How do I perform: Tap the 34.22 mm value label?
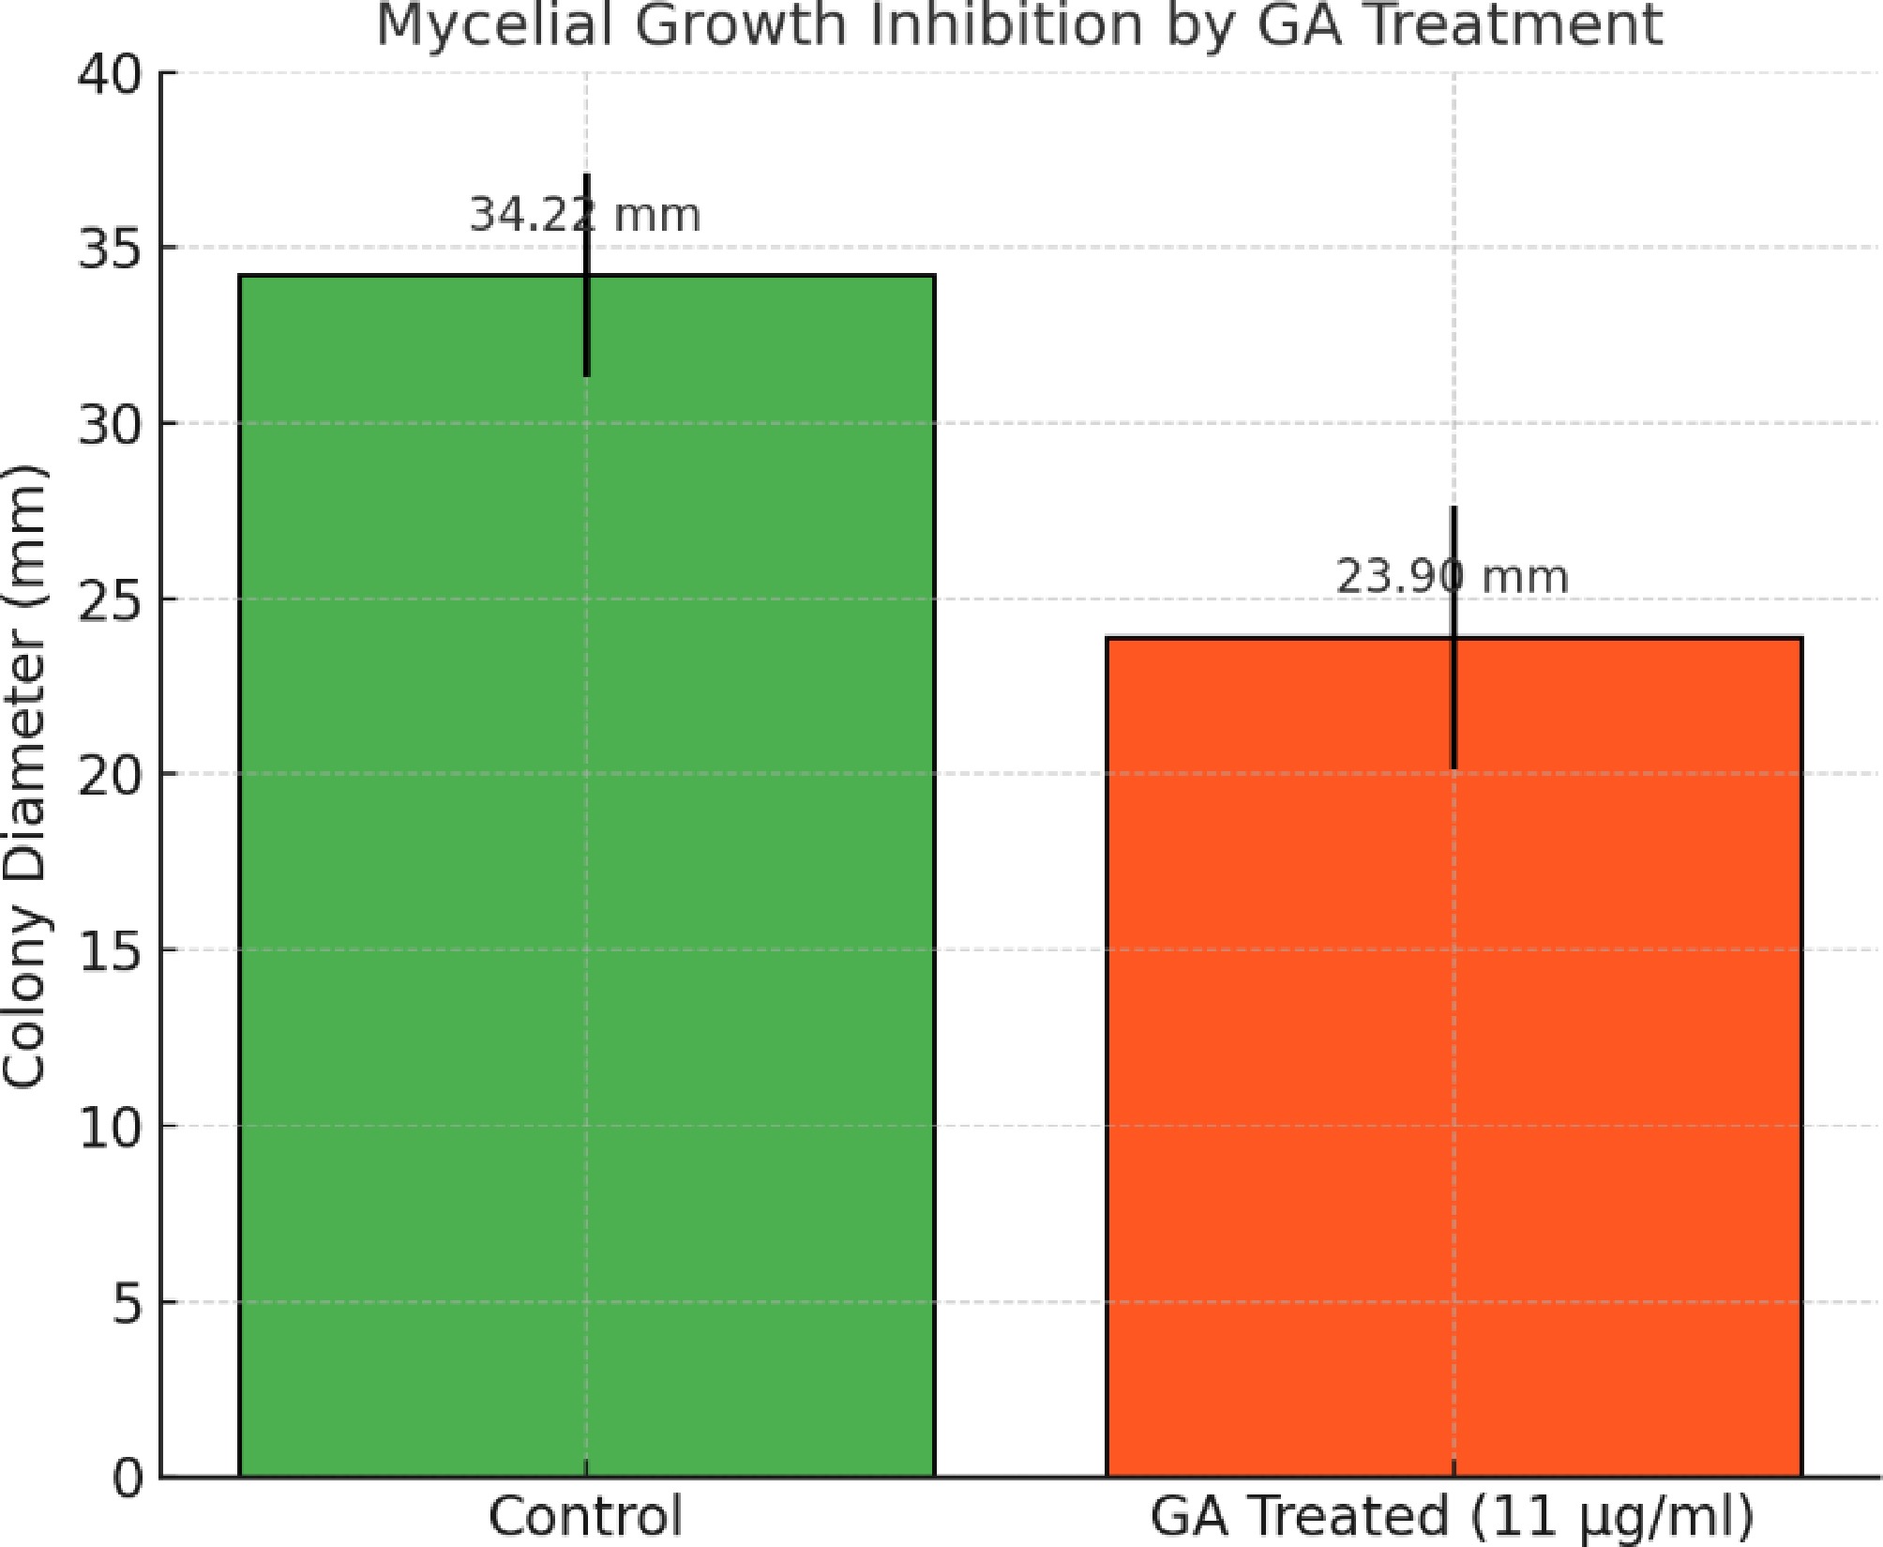click(x=584, y=215)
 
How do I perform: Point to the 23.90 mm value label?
click(x=1452, y=577)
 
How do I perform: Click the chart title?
click(x=1018, y=24)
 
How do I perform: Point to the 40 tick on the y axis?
click(x=111, y=73)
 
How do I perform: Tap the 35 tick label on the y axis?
click(x=111, y=249)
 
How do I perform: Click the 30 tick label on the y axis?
click(x=111, y=424)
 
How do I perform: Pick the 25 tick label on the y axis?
click(x=111, y=599)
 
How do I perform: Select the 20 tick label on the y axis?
click(x=111, y=775)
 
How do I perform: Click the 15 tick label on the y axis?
click(x=111, y=950)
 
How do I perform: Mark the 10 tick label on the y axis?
click(x=111, y=1127)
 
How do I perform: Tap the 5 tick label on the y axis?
click(x=128, y=1302)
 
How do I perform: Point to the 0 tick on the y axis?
click(x=128, y=1478)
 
